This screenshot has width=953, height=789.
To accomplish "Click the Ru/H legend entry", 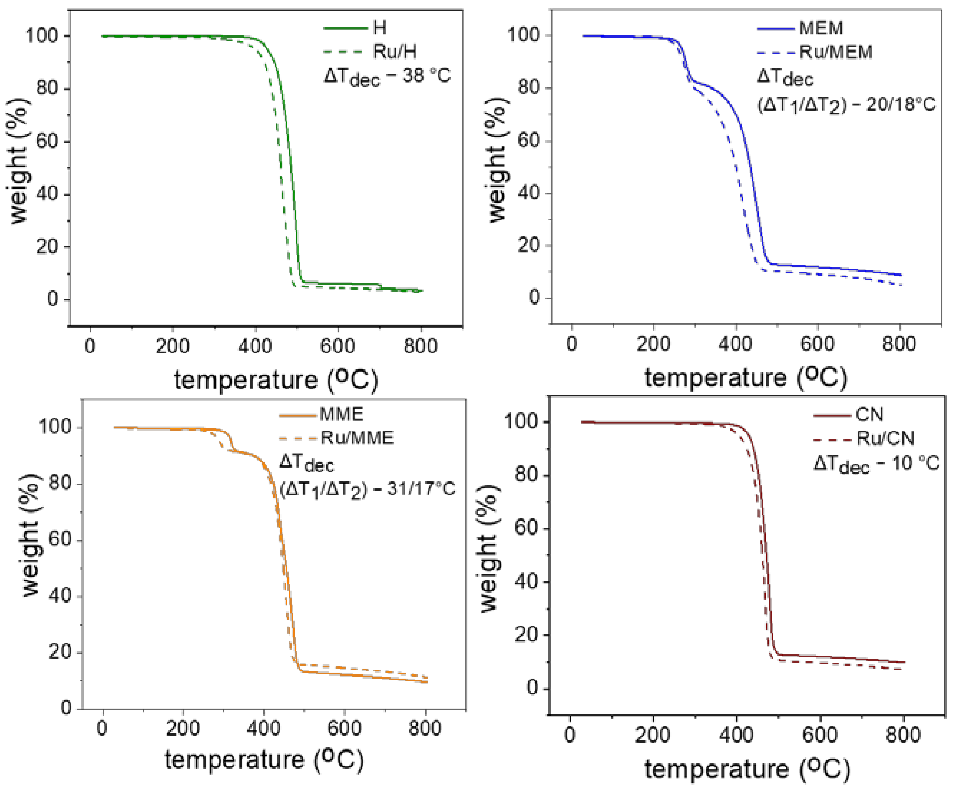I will click(394, 52).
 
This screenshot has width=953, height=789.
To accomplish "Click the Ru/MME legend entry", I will click(357, 438).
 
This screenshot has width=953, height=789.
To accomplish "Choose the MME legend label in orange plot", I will click(342, 414).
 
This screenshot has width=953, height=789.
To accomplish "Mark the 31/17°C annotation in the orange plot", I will click(421, 489).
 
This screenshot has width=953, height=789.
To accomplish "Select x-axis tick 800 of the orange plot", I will click(425, 728).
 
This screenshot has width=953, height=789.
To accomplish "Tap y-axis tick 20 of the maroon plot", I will click(526, 634).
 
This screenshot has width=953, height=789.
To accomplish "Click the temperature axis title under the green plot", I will click(276, 380).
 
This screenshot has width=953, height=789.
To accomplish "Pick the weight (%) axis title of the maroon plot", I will click(490, 548).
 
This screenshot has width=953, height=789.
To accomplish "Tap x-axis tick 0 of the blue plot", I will click(571, 344).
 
